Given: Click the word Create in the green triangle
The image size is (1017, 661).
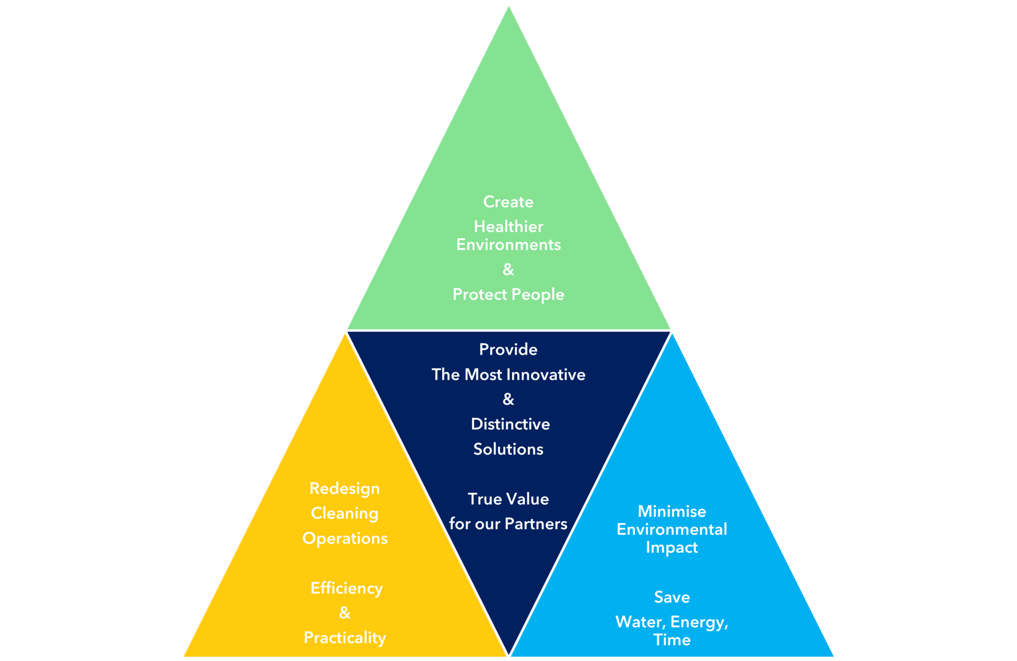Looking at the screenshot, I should tap(508, 202).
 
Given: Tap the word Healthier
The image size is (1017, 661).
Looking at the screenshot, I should tap(508, 227).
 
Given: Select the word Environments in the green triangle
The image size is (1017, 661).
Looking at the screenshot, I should tap(508, 245).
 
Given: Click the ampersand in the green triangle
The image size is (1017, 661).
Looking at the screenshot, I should tap(508, 270).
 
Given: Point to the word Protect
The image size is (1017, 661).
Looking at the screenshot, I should tap(479, 294).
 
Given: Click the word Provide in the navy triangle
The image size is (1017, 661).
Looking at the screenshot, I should tap(508, 349).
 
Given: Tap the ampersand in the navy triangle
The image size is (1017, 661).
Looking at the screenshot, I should tap(508, 399).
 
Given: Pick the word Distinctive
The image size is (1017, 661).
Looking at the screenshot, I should tap(510, 424).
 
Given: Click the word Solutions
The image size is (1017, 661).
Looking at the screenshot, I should tap(508, 450).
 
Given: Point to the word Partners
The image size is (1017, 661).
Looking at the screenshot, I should tap(536, 524).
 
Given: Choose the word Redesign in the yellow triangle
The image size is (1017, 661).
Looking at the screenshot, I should tap(344, 489).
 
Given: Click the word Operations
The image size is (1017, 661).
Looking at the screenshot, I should tap(345, 539).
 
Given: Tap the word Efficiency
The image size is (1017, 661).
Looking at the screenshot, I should tap(346, 588).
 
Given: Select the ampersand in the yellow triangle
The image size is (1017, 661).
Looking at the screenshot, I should tap(344, 613).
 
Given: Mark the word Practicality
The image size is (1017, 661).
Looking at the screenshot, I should tap(344, 638).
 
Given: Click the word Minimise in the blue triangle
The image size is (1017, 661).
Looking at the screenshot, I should tap(672, 512).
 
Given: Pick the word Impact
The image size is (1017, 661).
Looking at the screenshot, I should tap(672, 548).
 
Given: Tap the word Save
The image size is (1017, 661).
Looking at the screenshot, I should tap(672, 597).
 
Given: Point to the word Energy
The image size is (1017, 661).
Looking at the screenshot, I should tap(698, 622).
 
